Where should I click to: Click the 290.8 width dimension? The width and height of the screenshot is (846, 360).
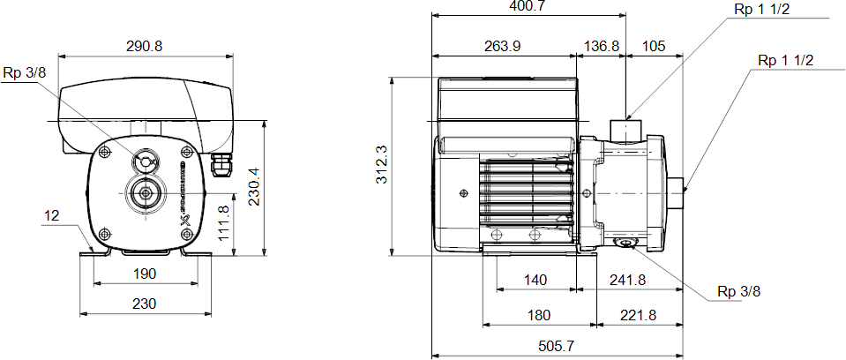(144, 47)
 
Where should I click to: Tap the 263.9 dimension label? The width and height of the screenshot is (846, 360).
(502, 47)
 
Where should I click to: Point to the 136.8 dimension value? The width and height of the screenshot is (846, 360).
(602, 47)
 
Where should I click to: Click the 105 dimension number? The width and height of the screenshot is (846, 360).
(654, 47)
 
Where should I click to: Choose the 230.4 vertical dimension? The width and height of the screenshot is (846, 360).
(254, 186)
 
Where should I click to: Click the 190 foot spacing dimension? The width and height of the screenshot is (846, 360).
(144, 274)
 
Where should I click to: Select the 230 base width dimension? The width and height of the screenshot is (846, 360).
(144, 304)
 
